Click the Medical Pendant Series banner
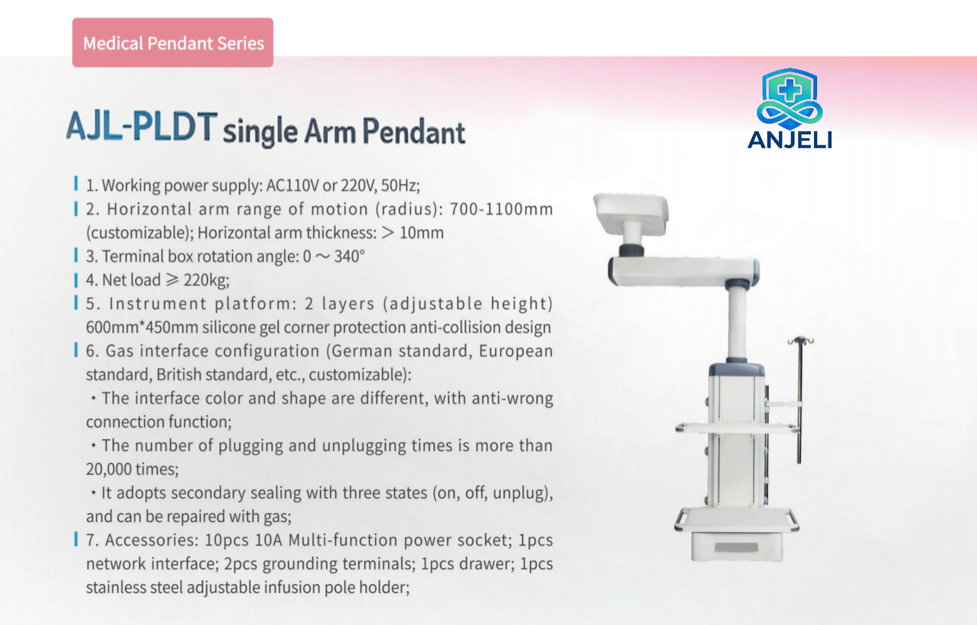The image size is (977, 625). (172, 42)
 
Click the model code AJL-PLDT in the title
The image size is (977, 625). (141, 127)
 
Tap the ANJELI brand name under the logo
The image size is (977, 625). (790, 140)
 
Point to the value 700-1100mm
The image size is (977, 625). (501, 209)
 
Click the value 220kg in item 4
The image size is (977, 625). (206, 280)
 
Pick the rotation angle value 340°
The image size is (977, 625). (349, 256)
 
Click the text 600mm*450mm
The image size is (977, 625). (142, 327)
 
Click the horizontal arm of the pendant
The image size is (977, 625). (684, 271)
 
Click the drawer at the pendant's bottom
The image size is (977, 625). (736, 547)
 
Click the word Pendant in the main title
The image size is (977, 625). (413, 132)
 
